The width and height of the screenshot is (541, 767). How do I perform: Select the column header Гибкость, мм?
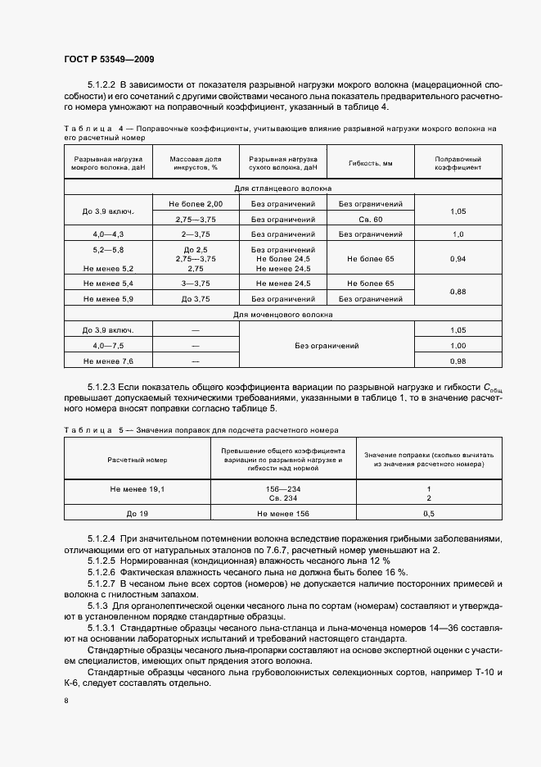pyautogui.click(x=371, y=162)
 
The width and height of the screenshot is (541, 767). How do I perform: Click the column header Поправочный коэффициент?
pyautogui.click(x=458, y=162)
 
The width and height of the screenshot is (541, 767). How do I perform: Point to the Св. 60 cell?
pyautogui.click(x=371, y=220)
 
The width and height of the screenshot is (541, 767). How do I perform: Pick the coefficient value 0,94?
pyautogui.click(x=458, y=259)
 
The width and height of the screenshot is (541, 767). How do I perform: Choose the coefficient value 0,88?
pyautogui.click(x=458, y=291)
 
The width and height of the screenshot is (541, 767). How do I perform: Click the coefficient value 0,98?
pyautogui.click(x=458, y=361)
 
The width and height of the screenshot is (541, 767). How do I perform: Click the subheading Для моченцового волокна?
pyautogui.click(x=282, y=314)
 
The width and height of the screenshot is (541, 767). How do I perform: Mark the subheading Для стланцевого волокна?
pyautogui.click(x=282, y=188)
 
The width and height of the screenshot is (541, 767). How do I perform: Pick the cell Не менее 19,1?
pyautogui.click(x=137, y=489)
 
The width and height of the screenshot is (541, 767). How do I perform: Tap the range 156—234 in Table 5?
pyautogui.click(x=282, y=489)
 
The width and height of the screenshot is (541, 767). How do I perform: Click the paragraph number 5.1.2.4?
pyautogui.click(x=103, y=538)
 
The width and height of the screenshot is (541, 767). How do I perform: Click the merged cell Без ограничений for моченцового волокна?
pyautogui.click(x=327, y=345)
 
